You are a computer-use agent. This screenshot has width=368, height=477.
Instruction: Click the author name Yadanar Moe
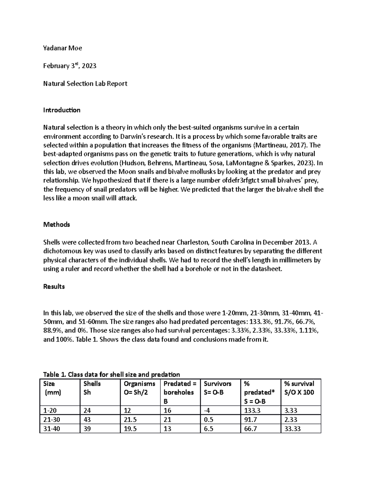63,48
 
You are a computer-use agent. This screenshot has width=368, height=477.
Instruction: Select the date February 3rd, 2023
70,66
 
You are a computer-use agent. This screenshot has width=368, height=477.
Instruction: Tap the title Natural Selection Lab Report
85,84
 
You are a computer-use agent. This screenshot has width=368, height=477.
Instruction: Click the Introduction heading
62,110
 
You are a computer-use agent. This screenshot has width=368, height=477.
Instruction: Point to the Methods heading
56,225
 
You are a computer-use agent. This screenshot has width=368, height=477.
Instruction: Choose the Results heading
54,287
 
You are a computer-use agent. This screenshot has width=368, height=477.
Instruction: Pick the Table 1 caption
112,374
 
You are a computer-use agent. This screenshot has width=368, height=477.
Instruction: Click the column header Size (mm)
52,388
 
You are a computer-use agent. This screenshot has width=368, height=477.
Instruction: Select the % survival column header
299,388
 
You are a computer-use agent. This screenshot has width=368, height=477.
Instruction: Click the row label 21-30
52,420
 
